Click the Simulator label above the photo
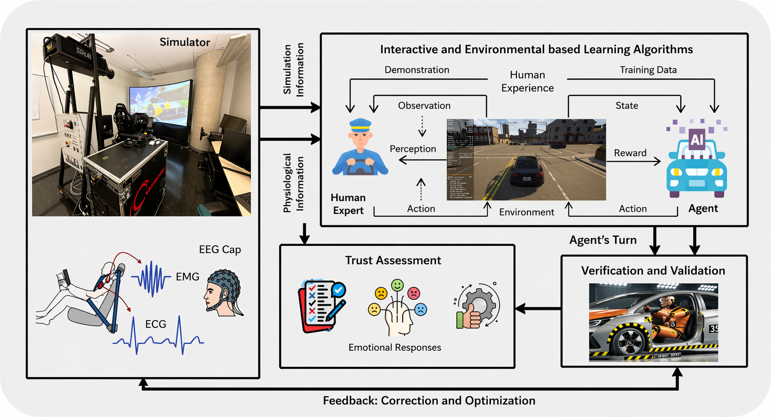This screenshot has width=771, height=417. [184, 42]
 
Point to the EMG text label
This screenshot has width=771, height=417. [187, 276]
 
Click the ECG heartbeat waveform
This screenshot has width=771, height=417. [158, 339]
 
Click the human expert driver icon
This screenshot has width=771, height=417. [360, 148]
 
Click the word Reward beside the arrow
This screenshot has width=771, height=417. [630, 153]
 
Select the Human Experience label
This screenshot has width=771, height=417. [527, 81]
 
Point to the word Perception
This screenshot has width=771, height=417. [413, 149]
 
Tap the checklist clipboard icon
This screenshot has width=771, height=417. [321, 306]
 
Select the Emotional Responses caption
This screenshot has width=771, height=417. [395, 347]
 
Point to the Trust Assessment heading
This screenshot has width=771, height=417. [393, 261]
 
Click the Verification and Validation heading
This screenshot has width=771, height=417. [653, 270]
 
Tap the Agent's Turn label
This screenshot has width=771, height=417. [602, 240]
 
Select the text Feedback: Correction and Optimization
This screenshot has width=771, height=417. [429, 401]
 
